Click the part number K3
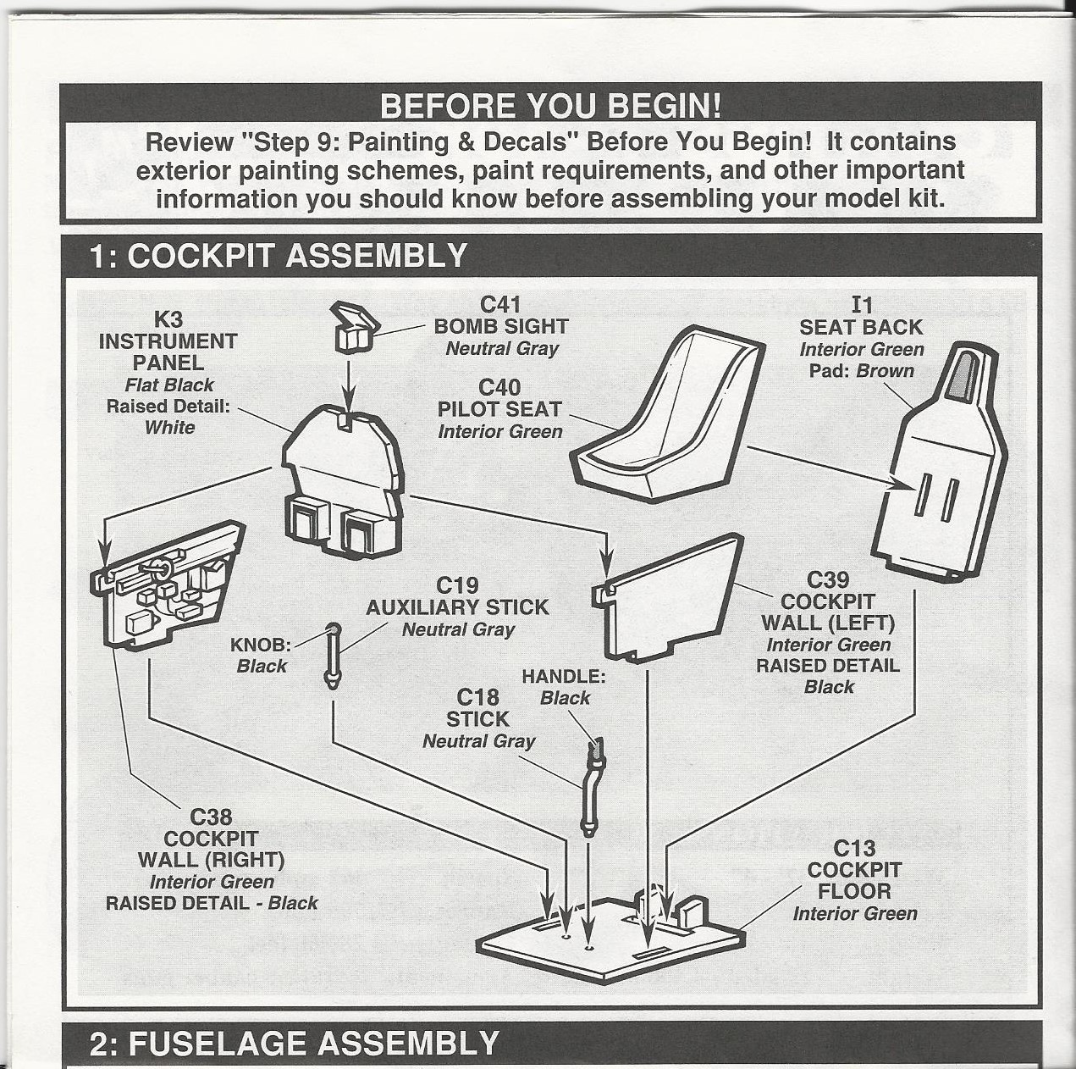tap(168, 319)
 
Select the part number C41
tap(500, 304)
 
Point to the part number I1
tap(861, 305)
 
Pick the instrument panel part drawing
tap(343, 483)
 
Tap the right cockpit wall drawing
tap(165, 584)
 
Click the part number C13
tap(854, 848)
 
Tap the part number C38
tap(211, 817)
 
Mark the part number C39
tap(827, 579)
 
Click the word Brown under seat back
tap(885, 370)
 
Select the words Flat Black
tap(169, 385)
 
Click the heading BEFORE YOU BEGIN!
tap(550, 106)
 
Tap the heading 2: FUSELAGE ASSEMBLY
tap(294, 1044)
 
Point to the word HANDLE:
tap(563, 676)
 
